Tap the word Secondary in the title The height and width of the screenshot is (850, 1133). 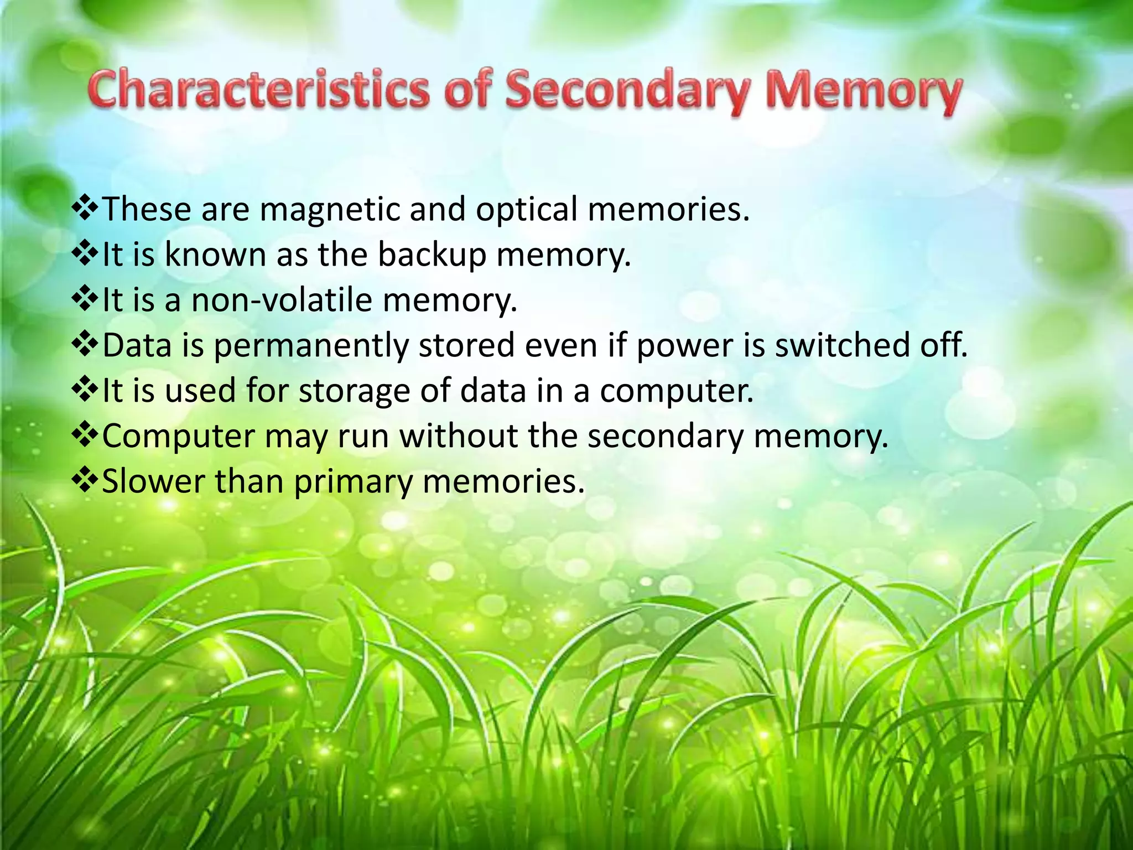[x=627, y=91]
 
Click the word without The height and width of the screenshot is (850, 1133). [x=459, y=436]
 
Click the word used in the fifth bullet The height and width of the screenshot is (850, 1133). [x=201, y=391]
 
